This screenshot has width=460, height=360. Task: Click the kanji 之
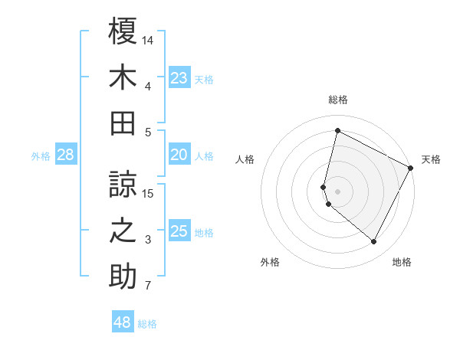[x=123, y=231]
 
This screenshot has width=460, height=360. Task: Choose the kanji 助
[x=123, y=277]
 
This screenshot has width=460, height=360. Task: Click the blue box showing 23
[x=179, y=77]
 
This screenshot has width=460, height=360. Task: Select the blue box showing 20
[x=179, y=155]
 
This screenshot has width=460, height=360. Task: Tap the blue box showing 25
[x=179, y=231]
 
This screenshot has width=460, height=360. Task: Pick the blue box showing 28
[x=66, y=155]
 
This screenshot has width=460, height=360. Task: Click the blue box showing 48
[x=123, y=322]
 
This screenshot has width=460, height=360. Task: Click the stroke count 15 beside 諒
[x=149, y=194]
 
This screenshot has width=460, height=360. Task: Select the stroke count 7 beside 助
[x=148, y=286]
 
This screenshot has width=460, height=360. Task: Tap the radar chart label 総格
[x=337, y=100]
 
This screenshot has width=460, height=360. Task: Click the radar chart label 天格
[x=431, y=159]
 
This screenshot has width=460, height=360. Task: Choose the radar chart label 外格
[x=270, y=263]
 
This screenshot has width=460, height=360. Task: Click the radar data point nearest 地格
[x=374, y=242]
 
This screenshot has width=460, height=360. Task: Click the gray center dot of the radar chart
[x=337, y=191]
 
